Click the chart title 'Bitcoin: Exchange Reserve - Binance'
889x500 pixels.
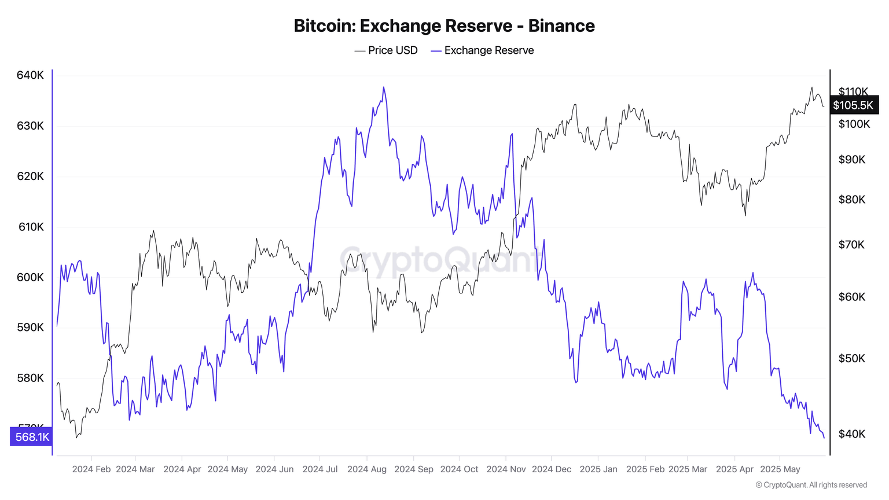coord(444,26)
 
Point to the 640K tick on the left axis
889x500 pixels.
coord(30,75)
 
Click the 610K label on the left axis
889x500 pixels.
coord(31,227)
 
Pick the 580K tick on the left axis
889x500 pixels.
coord(30,378)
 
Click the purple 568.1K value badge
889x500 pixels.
coord(32,437)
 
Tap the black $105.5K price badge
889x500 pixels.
coord(853,105)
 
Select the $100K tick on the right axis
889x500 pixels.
coord(854,124)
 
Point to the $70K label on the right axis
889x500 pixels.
coord(851,245)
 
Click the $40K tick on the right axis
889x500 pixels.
coord(852,434)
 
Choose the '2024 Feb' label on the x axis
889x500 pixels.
coord(91,469)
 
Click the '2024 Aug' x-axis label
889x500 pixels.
coord(367,469)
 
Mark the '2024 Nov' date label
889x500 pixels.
coord(506,469)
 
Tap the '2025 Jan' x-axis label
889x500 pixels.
coord(598,469)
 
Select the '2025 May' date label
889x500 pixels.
coord(780,469)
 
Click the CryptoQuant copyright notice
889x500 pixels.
coord(811,485)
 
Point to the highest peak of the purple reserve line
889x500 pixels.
coord(383,88)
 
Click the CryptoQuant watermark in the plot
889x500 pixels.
coord(440,259)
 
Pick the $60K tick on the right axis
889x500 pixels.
coord(852,297)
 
